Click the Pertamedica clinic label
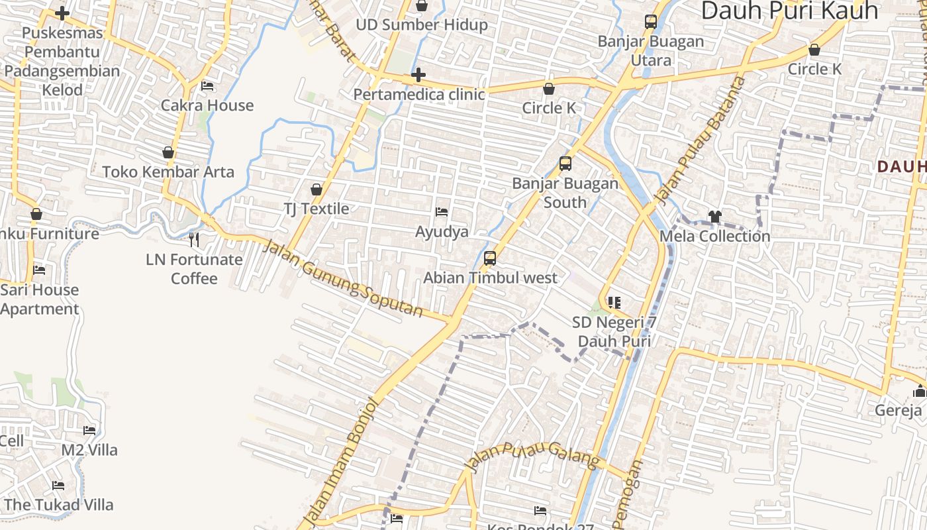[418, 94]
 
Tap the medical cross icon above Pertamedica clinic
[418, 75]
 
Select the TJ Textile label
[317, 209]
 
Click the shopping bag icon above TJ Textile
[317, 189]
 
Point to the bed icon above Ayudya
[442, 212]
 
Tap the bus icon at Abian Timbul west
[490, 258]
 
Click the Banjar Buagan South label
[565, 193]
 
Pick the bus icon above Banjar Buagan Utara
[651, 22]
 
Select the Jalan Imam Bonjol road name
[340, 460]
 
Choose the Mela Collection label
[715, 236]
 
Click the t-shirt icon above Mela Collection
[714, 216]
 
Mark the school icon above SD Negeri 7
[614, 303]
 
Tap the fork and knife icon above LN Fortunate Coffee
[194, 239]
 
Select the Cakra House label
[207, 105]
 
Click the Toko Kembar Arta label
[168, 172]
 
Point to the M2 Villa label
[89, 450]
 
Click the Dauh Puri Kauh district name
[789, 11]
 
